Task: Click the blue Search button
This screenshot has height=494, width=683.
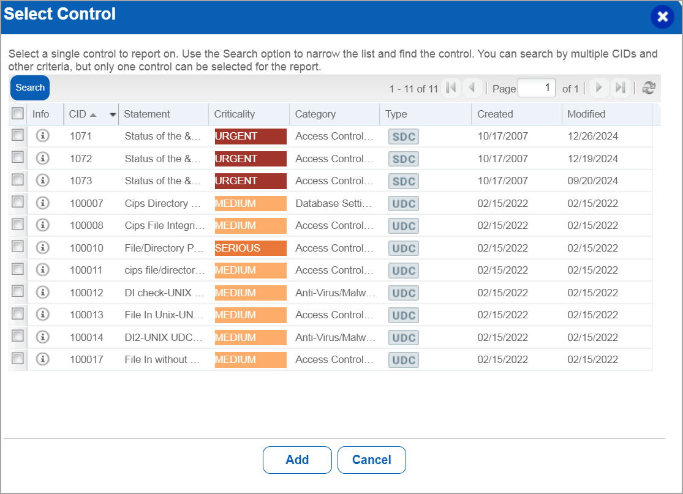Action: pyautogui.click(x=30, y=88)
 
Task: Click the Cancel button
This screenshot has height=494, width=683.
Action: pyautogui.click(x=371, y=460)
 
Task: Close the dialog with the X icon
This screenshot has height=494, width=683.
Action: pyautogui.click(x=662, y=17)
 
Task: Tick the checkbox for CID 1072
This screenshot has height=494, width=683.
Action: pyautogui.click(x=18, y=158)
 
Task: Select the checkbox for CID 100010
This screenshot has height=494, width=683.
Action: pyautogui.click(x=18, y=247)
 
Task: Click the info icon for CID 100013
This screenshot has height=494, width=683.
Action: pyautogui.click(x=42, y=315)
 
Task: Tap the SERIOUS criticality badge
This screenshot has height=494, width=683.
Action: pyautogui.click(x=251, y=249)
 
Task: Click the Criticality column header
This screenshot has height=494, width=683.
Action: pyautogui.click(x=235, y=114)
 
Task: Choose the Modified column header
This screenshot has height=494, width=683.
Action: pyautogui.click(x=586, y=114)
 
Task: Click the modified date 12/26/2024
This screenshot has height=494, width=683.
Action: pyautogui.click(x=592, y=137)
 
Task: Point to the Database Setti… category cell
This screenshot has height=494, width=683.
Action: pyautogui.click(x=334, y=203)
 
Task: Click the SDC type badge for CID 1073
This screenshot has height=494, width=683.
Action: pyautogui.click(x=404, y=181)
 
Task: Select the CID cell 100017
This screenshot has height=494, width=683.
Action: pyautogui.click(x=86, y=359)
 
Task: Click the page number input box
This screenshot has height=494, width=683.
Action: pyautogui.click(x=537, y=88)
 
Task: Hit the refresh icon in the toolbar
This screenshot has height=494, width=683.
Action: pyautogui.click(x=648, y=88)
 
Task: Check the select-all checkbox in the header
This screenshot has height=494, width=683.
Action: pyautogui.click(x=18, y=113)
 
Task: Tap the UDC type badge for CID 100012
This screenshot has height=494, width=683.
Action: pyautogui.click(x=404, y=293)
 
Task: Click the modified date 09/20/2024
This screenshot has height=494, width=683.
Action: pyautogui.click(x=592, y=181)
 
